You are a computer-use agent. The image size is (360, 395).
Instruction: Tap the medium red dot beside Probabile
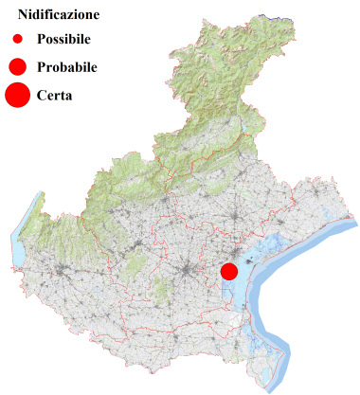17,67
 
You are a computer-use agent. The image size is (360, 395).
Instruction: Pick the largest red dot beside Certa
17,95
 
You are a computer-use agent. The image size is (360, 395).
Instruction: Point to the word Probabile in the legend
67,68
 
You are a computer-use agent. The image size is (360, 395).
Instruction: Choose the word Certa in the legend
55,95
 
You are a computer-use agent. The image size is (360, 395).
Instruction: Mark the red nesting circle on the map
228,271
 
